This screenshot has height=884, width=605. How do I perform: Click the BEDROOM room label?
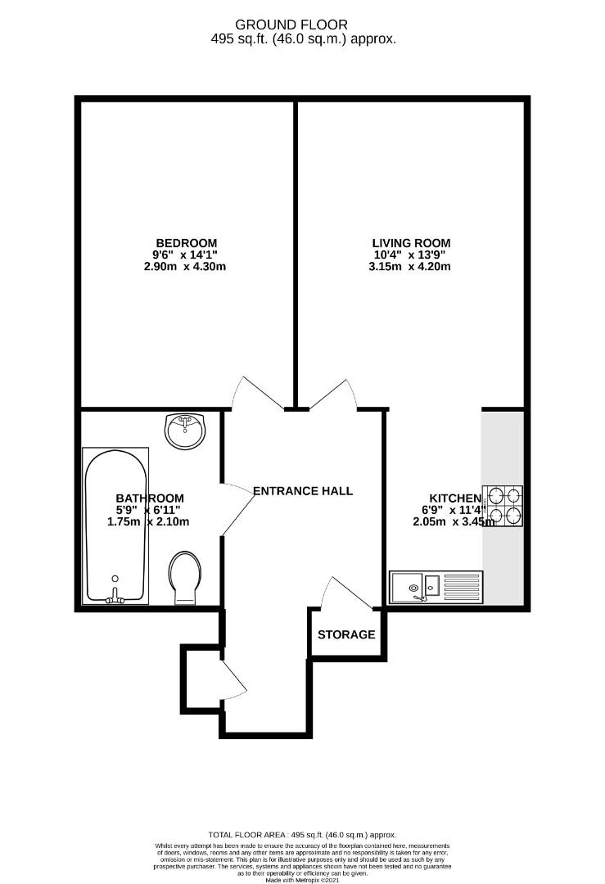[187, 242]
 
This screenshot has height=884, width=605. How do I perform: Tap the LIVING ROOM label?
[411, 242]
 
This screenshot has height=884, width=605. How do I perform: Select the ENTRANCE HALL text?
[303, 491]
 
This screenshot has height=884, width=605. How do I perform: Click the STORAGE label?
[346, 634]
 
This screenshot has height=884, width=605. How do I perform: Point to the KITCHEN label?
[455, 498]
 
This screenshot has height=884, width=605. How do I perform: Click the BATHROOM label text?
[149, 498]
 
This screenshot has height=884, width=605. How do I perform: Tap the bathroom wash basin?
[187, 430]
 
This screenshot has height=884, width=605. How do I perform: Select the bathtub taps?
[115, 596]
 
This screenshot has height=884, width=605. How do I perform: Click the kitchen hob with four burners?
[503, 506]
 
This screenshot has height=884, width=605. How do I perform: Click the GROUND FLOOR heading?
[302, 25]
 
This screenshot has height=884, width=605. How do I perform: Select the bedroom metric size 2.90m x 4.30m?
[185, 267]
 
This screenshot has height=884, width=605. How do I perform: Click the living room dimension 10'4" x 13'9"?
[411, 255]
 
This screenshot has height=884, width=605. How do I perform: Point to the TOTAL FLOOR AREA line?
[302, 832]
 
